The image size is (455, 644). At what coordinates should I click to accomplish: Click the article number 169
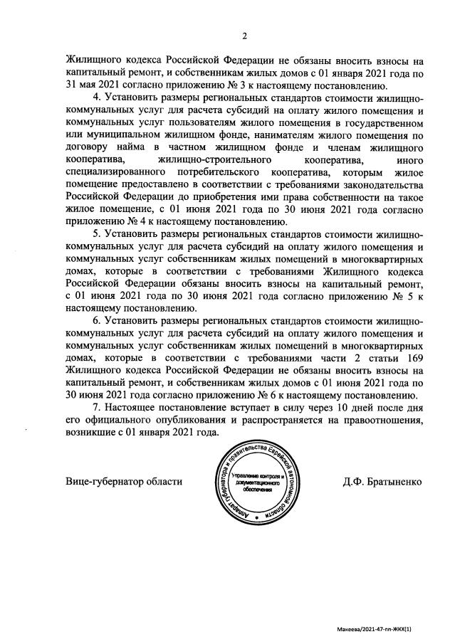pyautogui.click(x=417, y=357)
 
